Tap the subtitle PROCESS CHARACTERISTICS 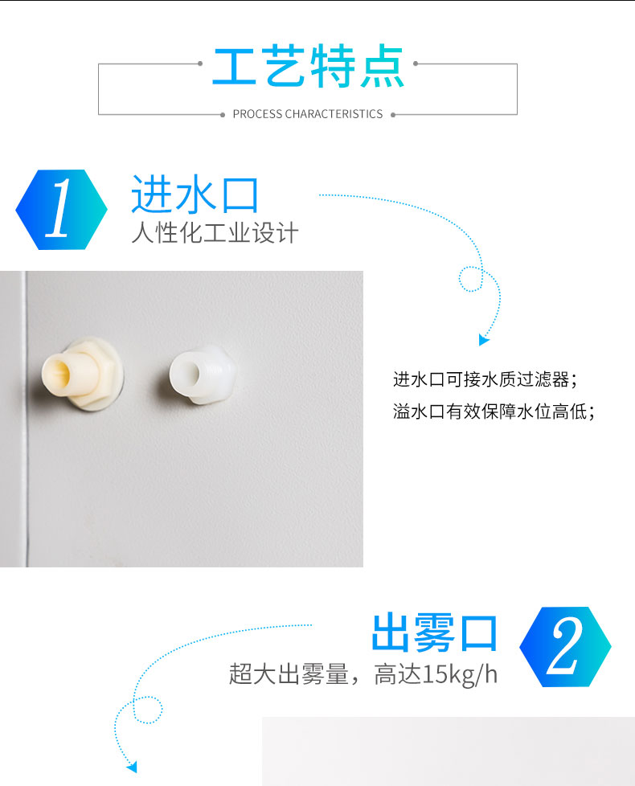[308, 114]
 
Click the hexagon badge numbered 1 [61, 210]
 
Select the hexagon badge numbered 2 [565, 647]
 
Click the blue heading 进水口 [195, 194]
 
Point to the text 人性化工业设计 [215, 233]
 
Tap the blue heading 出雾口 [435, 632]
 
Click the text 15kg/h [460, 674]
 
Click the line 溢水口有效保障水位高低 [494, 411]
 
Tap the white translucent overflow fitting [202, 374]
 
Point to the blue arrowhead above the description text [483, 340]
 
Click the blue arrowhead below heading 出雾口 [131, 767]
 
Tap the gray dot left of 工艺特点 [200, 63]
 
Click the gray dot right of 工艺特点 [416, 63]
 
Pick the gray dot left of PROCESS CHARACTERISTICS [223, 115]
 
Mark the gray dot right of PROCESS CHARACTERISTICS [393, 115]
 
